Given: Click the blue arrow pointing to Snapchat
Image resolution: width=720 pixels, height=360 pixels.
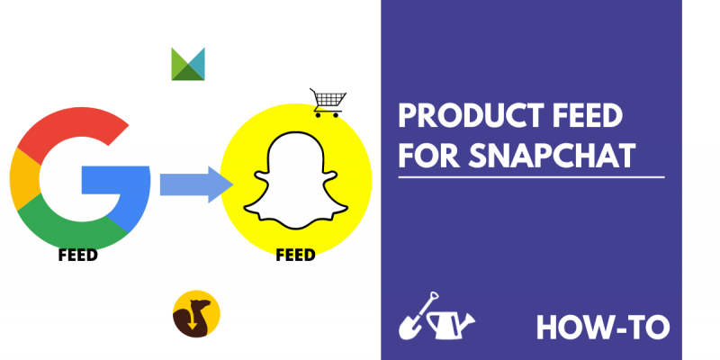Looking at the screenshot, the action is pyautogui.click(x=196, y=184).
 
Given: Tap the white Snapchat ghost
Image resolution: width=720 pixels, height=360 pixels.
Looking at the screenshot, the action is pyautogui.click(x=296, y=181).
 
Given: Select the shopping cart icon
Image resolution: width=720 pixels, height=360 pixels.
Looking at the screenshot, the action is pyautogui.click(x=328, y=103).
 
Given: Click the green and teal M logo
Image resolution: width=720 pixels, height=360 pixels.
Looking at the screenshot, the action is pyautogui.click(x=188, y=64).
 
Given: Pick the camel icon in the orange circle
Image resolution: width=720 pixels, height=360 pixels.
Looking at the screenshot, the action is pyautogui.click(x=196, y=314).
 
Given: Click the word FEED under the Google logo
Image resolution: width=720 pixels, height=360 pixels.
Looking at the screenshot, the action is pyautogui.click(x=78, y=255).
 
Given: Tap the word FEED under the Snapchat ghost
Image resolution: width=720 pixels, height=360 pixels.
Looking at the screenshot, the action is pyautogui.click(x=296, y=255).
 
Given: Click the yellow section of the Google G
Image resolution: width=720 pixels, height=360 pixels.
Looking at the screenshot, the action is pyautogui.click(x=23, y=179).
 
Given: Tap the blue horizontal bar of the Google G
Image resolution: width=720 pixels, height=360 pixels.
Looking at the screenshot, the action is pyautogui.click(x=116, y=179).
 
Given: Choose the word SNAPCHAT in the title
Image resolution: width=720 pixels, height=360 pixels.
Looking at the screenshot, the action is pyautogui.click(x=553, y=156).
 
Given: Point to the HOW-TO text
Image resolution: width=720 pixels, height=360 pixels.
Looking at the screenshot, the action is pyautogui.click(x=603, y=328).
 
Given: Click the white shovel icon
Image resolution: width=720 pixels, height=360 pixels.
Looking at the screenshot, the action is pyautogui.click(x=416, y=317).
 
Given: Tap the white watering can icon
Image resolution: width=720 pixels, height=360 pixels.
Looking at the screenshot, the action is pyautogui.click(x=450, y=325).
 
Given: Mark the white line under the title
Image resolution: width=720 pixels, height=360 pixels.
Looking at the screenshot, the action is pyautogui.click(x=531, y=176).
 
